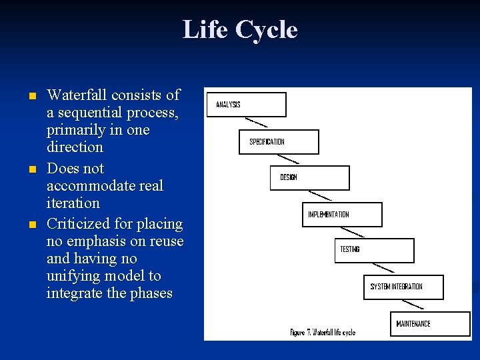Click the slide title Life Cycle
(240, 30)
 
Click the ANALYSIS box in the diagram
(246, 105)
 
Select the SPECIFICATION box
(279, 142)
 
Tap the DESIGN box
(309, 178)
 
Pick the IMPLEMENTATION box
(342, 215)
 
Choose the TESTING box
(374, 250)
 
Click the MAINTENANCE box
(430, 324)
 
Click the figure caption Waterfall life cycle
(323, 332)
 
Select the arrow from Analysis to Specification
(257, 122)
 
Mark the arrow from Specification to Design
(288, 159)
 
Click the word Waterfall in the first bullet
(75, 95)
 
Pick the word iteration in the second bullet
(73, 203)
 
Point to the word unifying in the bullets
(75, 275)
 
